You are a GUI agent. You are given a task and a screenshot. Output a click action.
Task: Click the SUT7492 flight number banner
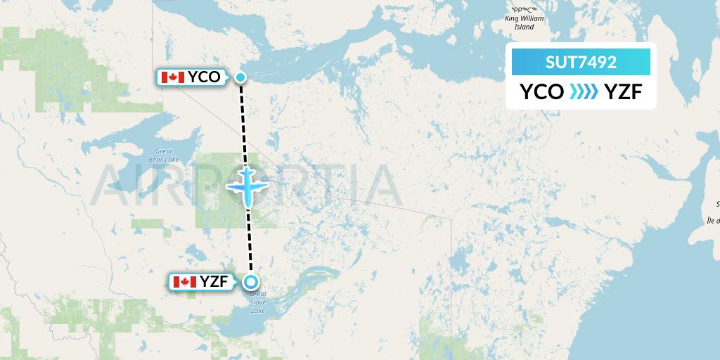581,62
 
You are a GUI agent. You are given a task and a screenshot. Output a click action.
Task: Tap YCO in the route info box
541,92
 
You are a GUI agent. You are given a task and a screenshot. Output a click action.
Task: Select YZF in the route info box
622,92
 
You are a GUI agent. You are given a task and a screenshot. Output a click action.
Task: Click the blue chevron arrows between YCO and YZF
583,92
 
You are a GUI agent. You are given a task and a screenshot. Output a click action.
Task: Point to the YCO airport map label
204,77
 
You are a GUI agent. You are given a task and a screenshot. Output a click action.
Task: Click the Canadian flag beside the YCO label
172,77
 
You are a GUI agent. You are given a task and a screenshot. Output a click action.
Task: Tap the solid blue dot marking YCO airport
240,77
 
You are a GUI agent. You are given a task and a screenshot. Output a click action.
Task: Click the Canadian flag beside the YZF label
184,282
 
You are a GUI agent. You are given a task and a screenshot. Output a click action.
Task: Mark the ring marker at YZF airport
251,283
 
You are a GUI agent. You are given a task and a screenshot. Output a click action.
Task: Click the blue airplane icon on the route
247,186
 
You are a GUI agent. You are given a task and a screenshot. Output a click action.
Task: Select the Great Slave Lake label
258,302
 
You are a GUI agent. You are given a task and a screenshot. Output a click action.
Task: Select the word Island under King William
525,27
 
